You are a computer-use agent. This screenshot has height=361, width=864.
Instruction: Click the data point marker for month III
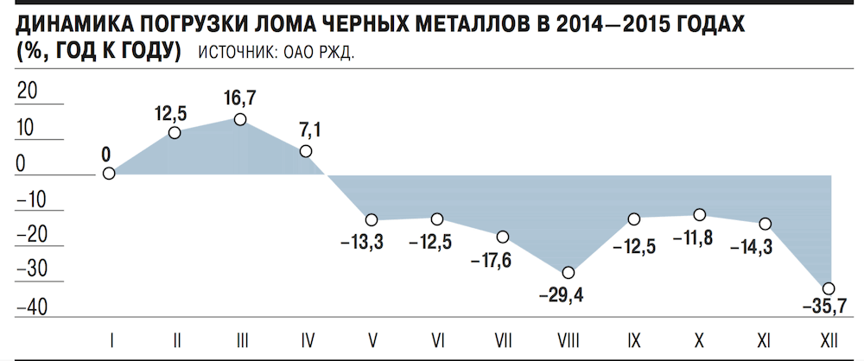pyautogui.click(x=240, y=119)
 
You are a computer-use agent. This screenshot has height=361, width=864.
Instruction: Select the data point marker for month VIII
pyautogui.click(x=568, y=273)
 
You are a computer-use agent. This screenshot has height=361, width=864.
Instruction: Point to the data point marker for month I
pyautogui.click(x=109, y=173)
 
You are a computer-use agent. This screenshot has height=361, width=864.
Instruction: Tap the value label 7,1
pyautogui.click(x=308, y=130)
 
